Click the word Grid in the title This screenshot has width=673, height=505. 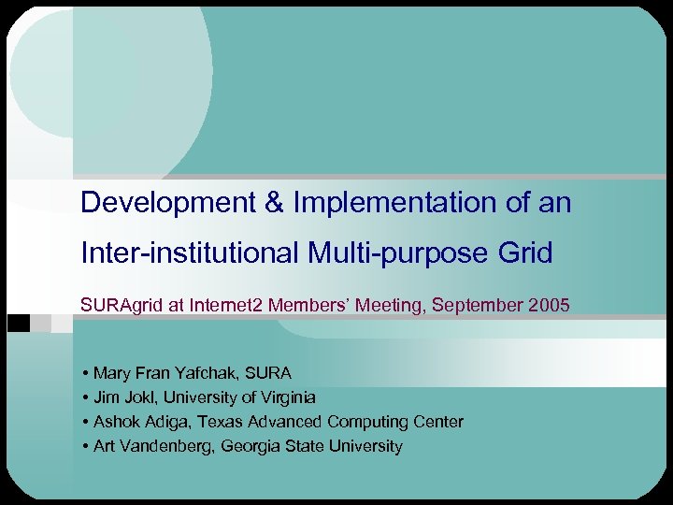[526, 252]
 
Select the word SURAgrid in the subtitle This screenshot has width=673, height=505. [117, 305]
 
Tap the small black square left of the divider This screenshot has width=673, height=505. [17, 323]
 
